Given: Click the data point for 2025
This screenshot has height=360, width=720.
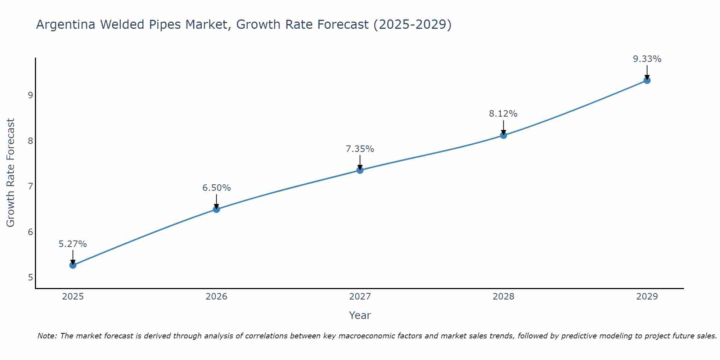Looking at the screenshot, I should click(x=73, y=265).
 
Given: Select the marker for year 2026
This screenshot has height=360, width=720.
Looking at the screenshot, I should click(x=216, y=209).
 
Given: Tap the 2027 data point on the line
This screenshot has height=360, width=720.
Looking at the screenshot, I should click(x=360, y=170).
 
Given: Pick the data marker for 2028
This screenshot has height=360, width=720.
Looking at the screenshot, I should click(x=504, y=135).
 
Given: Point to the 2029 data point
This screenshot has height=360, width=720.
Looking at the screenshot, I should click(x=647, y=80).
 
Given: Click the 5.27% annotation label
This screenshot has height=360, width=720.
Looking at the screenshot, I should click(x=73, y=244).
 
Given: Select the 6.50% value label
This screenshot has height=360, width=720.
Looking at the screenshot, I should click(x=216, y=188).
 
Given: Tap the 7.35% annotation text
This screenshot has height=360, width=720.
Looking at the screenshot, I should click(x=360, y=149).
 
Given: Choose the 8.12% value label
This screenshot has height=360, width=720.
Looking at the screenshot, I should click(x=503, y=114).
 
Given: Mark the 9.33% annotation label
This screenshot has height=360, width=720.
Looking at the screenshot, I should click(x=647, y=59).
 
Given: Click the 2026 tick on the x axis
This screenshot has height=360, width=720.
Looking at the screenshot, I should click(x=216, y=297).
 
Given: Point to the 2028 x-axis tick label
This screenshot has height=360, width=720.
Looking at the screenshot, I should click(x=504, y=297).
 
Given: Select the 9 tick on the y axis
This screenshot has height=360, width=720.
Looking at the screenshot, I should click(x=30, y=95).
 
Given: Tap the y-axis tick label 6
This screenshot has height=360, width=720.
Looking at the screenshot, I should click(x=30, y=232).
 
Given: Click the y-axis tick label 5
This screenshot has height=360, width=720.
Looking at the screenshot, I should click(x=30, y=278).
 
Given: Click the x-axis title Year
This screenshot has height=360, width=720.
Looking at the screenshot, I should click(x=360, y=315).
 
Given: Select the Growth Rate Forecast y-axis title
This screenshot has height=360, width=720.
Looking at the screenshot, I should click(x=11, y=173).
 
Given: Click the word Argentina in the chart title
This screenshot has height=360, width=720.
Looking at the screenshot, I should click(x=66, y=25).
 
